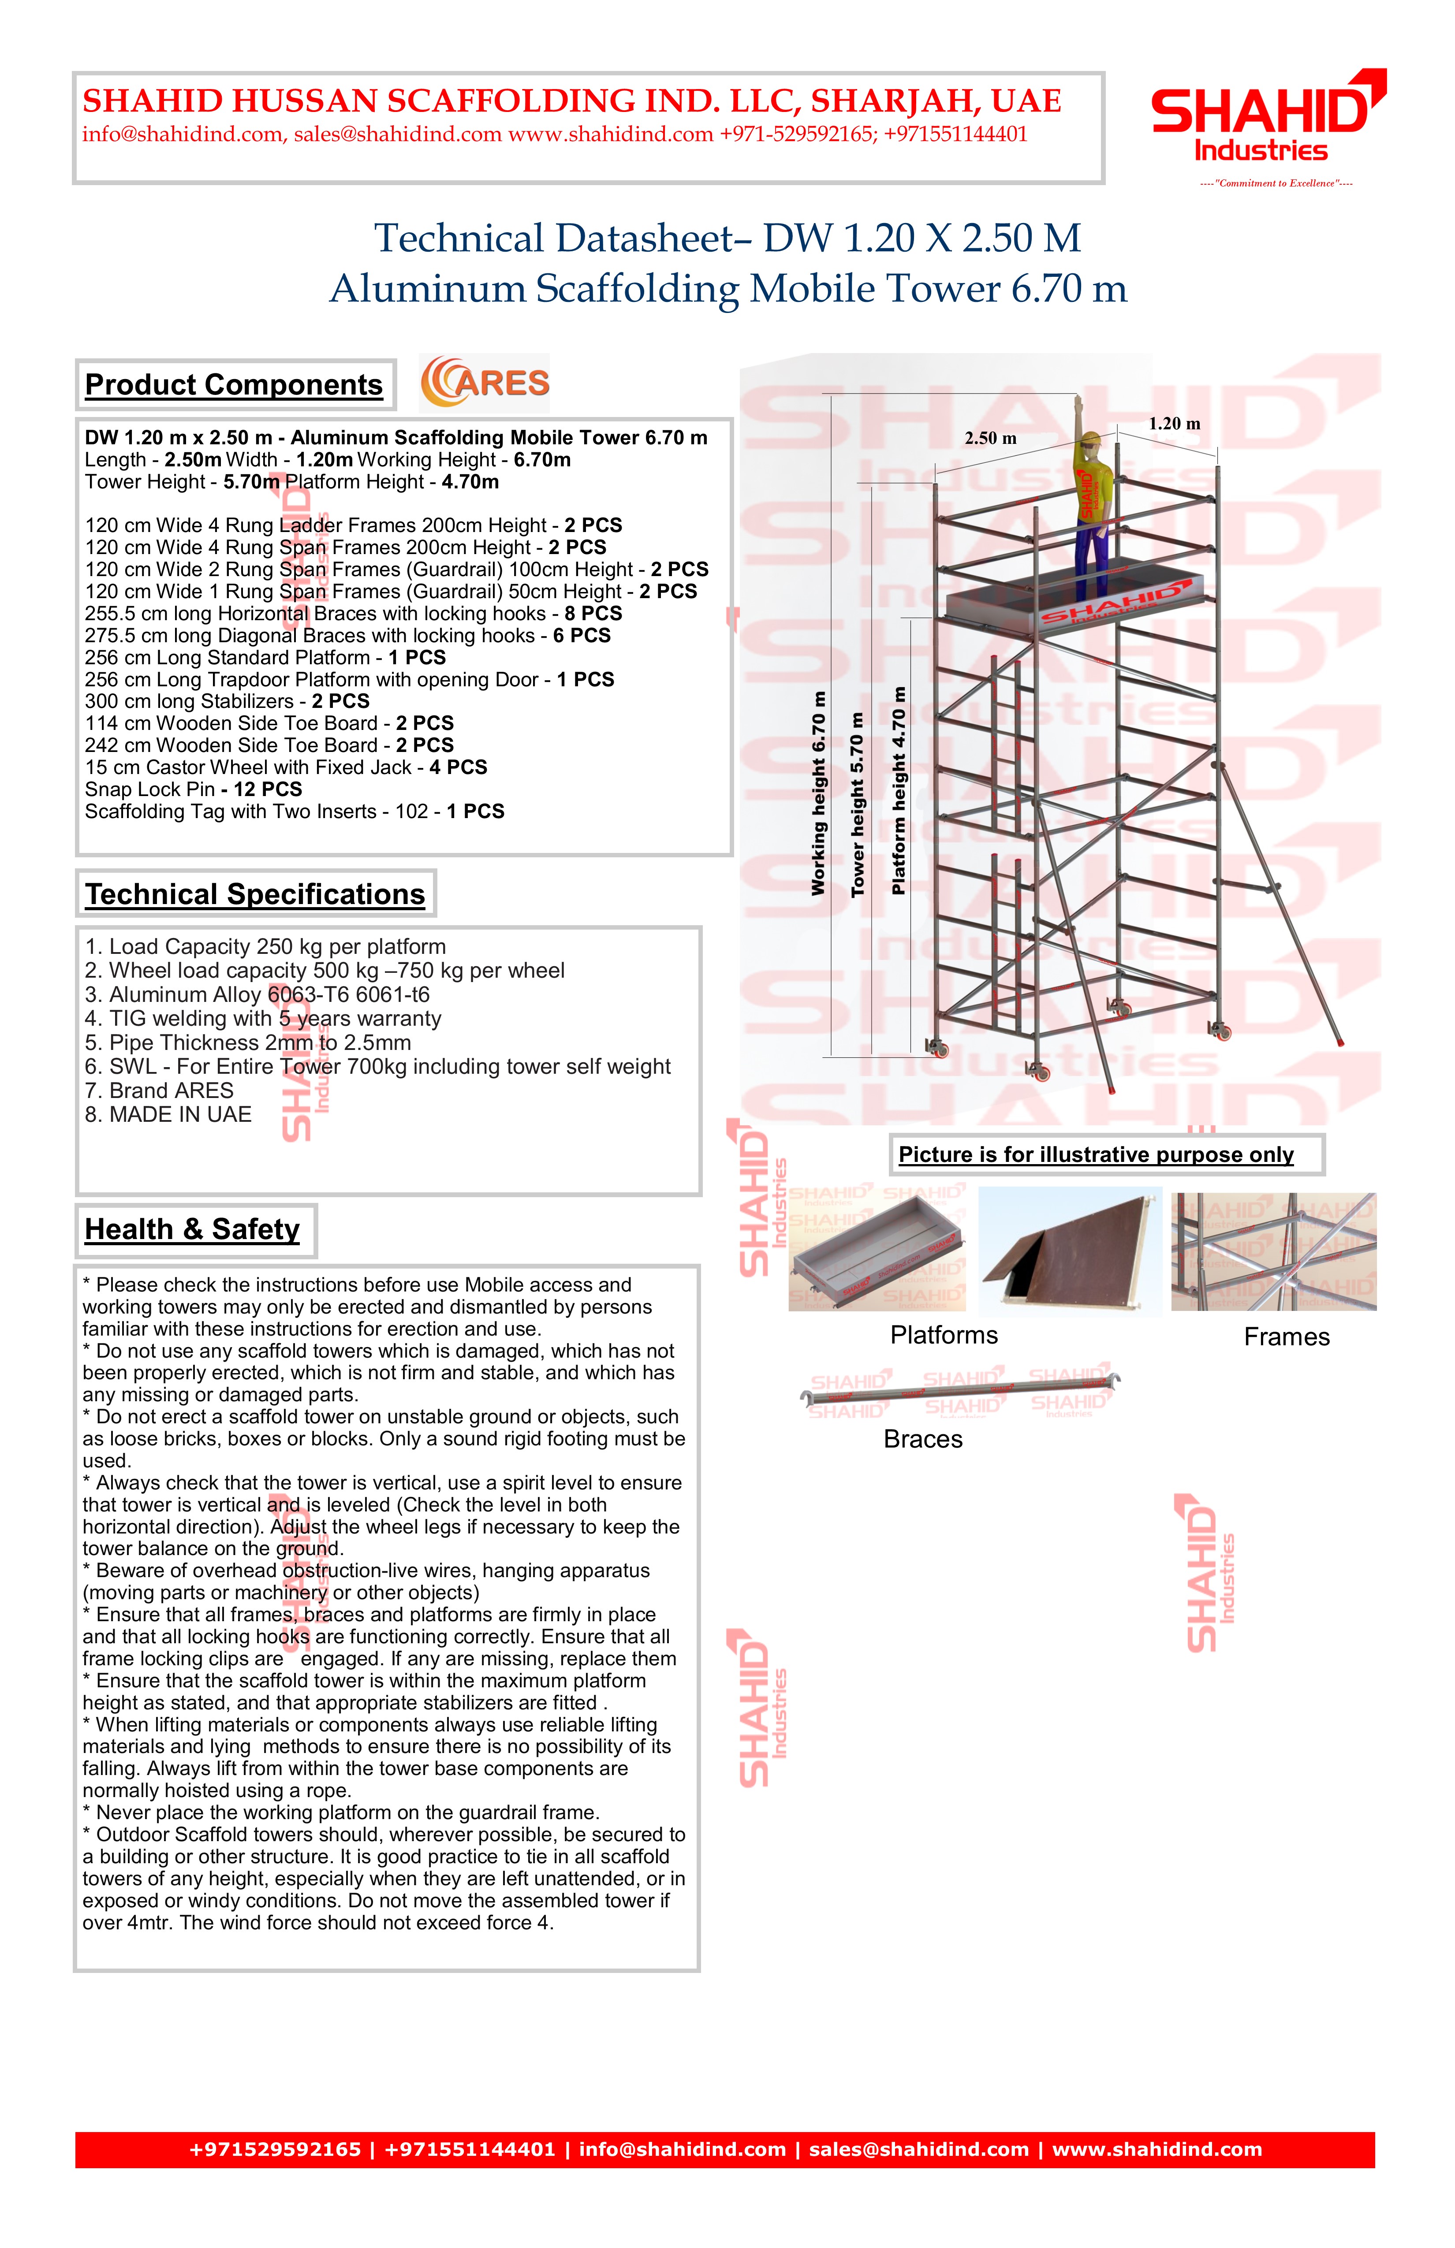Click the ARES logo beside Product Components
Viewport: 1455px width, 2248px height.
pyautogui.click(x=485, y=383)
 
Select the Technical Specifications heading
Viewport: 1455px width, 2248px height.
pyautogui.click(x=255, y=894)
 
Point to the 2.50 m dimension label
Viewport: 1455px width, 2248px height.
pyautogui.click(x=990, y=438)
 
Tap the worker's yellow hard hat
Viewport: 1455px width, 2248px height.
pyautogui.click(x=1091, y=438)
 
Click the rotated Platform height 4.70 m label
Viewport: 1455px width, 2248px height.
pyautogui.click(x=899, y=791)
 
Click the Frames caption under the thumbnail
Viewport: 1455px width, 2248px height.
pyautogui.click(x=1286, y=1337)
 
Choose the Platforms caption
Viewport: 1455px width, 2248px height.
pyautogui.click(x=944, y=1336)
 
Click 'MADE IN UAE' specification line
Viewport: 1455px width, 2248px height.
pyautogui.click(x=168, y=1116)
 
